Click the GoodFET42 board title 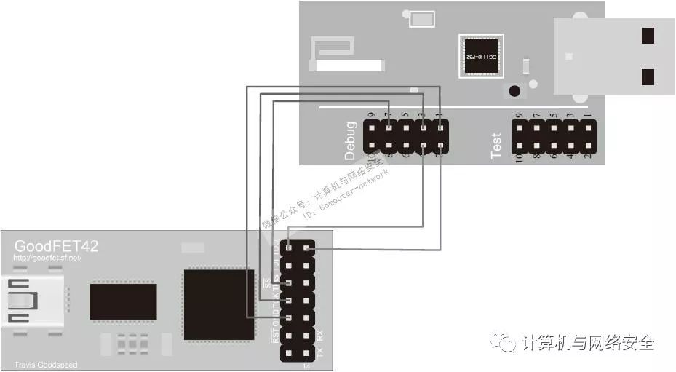56,246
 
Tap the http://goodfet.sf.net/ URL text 47,258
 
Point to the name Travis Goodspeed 45,365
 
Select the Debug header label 351,141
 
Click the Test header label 496,146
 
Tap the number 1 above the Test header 589,115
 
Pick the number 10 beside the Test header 519,157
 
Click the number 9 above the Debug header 371,115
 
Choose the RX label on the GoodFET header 321,336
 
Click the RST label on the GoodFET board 274,336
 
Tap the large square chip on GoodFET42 218,304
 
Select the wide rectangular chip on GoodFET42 123,302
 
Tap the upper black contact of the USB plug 648,35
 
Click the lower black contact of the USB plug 648,76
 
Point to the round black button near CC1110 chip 514,92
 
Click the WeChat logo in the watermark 501,341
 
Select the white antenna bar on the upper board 346,66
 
